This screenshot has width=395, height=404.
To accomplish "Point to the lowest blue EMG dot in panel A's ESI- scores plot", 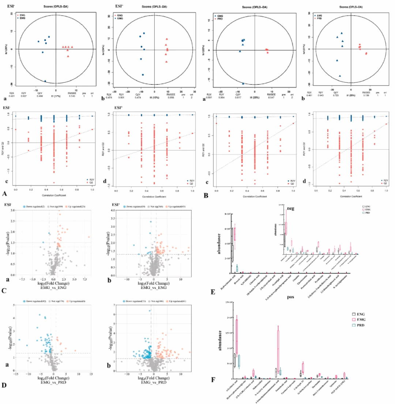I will click(x=45, y=81).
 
